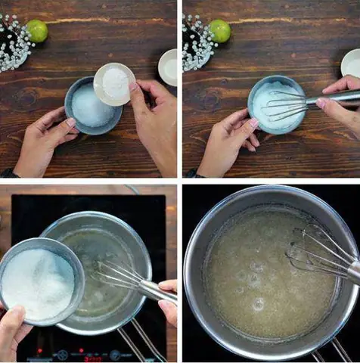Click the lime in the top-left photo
[x=36, y=31]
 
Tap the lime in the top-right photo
[x=219, y=31]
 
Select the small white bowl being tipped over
[x=113, y=82]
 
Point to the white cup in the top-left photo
[x=168, y=67]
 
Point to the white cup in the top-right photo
[x=352, y=64]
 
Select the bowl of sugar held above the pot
[x=40, y=281]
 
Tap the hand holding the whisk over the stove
[x=168, y=299]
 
